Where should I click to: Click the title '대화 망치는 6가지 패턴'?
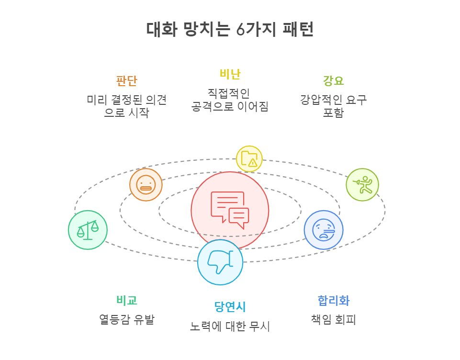tap(230, 30)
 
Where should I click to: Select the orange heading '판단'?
tap(126, 80)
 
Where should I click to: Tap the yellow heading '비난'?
tap(230, 74)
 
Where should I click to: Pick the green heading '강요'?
tap(333, 80)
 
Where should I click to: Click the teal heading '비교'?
tap(126, 300)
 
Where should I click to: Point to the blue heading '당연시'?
tap(230, 306)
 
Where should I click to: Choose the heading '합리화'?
tap(333, 301)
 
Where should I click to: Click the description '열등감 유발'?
tap(126, 319)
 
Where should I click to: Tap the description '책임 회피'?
tap(333, 319)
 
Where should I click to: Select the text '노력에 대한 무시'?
tap(230, 326)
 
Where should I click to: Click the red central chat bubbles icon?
tap(230, 210)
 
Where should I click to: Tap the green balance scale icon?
tap(88, 230)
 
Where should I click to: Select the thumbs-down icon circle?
tap(220, 262)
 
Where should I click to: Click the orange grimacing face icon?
tap(146, 185)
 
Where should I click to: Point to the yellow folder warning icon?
tap(249, 158)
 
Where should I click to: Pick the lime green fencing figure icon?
tap(362, 185)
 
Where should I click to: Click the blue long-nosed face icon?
tap(324, 230)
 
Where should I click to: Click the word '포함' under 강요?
tap(333, 113)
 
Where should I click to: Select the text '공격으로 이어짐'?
tap(230, 106)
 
